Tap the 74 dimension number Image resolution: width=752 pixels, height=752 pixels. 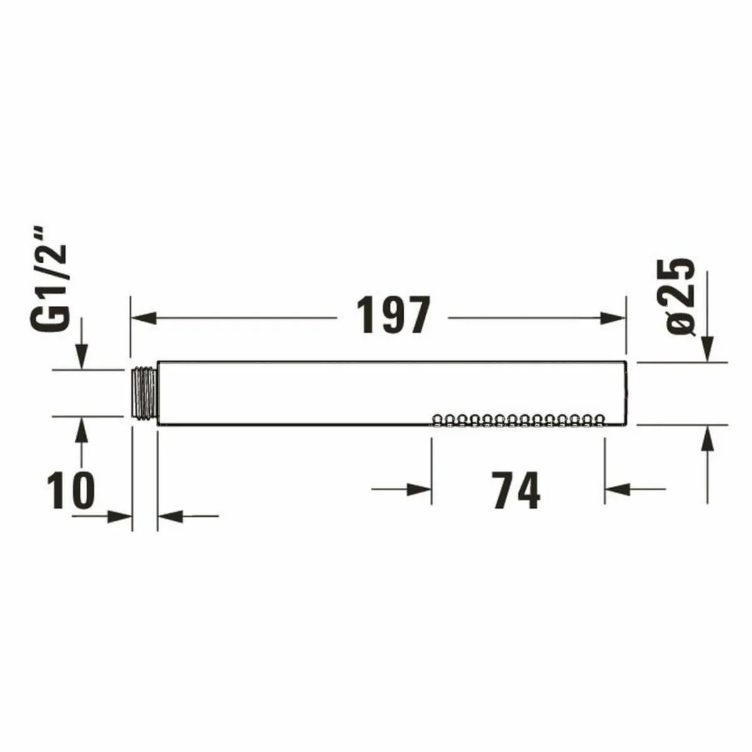click(516, 490)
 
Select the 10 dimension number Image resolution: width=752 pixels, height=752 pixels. click(71, 490)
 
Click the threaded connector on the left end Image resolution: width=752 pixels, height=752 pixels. click(144, 393)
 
